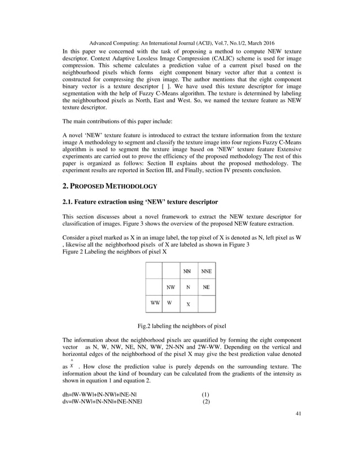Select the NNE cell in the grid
[x=207, y=271]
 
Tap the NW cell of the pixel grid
[x=170, y=287]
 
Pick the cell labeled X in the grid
[x=188, y=304]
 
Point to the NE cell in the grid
[x=207, y=287]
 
